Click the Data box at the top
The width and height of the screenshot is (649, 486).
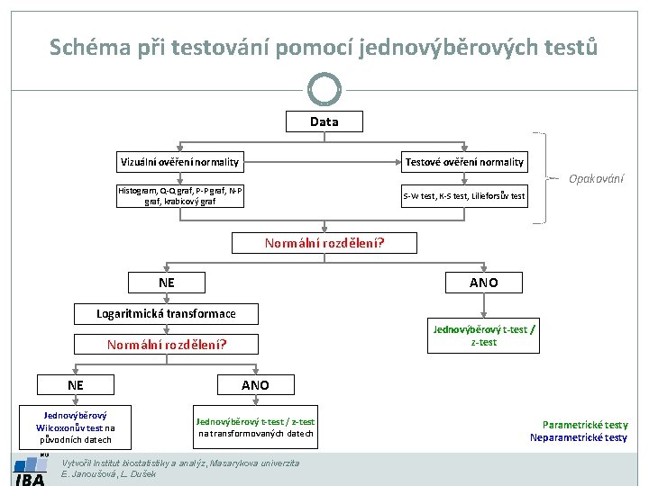pyautogui.click(x=324, y=121)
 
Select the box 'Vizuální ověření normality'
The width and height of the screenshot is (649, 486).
pyautogui.click(x=180, y=162)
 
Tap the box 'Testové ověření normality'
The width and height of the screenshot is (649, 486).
pyautogui.click(x=464, y=162)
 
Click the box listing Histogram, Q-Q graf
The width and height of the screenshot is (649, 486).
pyautogui.click(x=180, y=195)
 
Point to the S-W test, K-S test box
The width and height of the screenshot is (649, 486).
pyautogui.click(x=464, y=195)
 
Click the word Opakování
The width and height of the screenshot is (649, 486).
pyautogui.click(x=596, y=178)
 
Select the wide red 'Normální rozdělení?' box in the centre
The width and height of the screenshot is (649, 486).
pyautogui.click(x=324, y=243)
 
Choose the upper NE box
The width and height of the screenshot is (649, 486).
pyautogui.click(x=167, y=283)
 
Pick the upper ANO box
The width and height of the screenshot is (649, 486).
pyautogui.click(x=482, y=283)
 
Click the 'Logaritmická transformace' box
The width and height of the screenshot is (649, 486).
pyautogui.click(x=167, y=313)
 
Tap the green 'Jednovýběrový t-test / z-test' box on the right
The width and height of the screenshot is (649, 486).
pyautogui.click(x=483, y=335)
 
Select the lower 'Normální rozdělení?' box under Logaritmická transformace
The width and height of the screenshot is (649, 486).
pyautogui.click(x=167, y=344)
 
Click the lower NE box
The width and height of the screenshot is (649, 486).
pyautogui.click(x=75, y=384)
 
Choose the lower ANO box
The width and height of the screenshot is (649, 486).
pyautogui.click(x=255, y=384)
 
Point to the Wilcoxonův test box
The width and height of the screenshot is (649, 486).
pyautogui.click(x=75, y=427)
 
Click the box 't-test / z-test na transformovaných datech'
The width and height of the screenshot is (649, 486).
pyautogui.click(x=256, y=427)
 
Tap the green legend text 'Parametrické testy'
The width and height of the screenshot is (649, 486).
pyautogui.click(x=585, y=425)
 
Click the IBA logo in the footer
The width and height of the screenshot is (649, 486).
pyautogui.click(x=31, y=472)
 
